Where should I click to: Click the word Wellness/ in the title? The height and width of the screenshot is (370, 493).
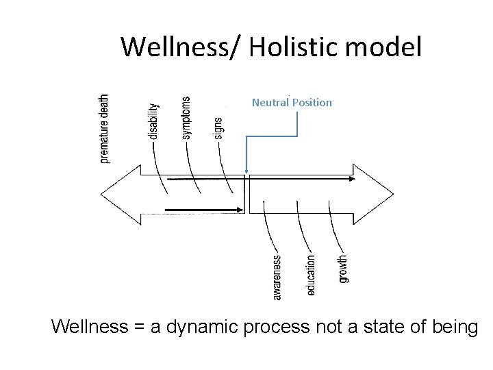(x=180, y=47)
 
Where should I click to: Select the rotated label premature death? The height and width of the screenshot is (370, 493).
(x=104, y=128)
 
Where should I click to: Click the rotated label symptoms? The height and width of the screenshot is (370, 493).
(x=186, y=117)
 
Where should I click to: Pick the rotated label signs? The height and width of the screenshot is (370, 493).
(x=218, y=128)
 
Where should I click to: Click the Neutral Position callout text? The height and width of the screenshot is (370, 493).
(x=292, y=103)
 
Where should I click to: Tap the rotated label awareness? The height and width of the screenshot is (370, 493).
(x=277, y=277)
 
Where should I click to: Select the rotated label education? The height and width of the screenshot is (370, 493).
(x=311, y=275)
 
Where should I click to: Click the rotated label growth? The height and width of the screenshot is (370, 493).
(x=343, y=269)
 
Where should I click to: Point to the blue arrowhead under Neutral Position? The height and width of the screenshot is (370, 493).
(x=246, y=172)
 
